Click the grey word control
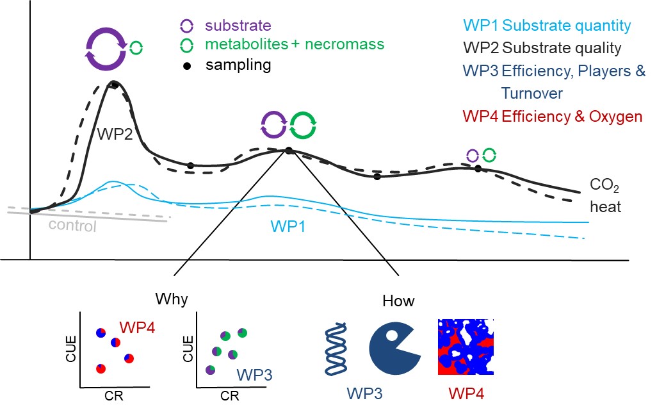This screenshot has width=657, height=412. coord(72,226)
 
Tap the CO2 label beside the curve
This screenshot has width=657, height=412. coord(604,185)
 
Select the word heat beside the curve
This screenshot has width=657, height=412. coord(605,206)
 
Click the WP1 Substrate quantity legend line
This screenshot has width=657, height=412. coord(547,26)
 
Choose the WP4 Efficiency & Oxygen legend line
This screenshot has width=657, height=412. coord(552,116)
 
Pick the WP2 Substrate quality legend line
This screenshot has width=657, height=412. coord(542,48)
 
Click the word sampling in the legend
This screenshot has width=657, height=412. coord(238,65)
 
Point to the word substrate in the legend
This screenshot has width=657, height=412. coord(238,26)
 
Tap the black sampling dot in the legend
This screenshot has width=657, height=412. coord(187,66)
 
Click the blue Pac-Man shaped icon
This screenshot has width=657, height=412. coord(394,349)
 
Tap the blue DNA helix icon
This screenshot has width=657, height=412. coord(336,349)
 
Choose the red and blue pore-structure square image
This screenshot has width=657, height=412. coord(466,347)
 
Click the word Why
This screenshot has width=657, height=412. coord(172,299)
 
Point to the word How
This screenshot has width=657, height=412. coord(398,301)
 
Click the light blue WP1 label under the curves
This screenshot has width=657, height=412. coord(288,226)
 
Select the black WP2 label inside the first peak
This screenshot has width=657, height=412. coord(115,134)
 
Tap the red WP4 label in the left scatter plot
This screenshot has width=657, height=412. coord(137,328)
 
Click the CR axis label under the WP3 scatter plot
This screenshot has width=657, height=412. coord(230,395)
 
